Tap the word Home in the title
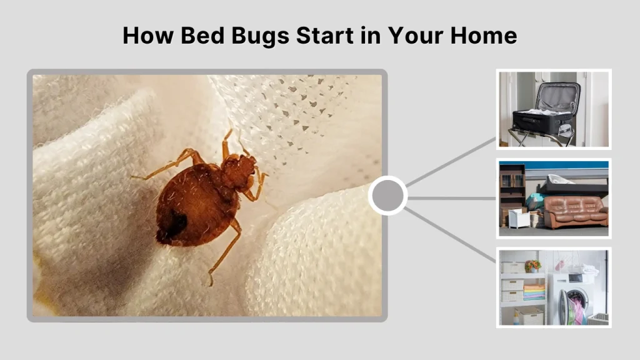coord(484,35)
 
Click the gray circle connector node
coord(387,196)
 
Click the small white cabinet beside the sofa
coord(519,218)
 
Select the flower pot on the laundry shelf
coord(532,266)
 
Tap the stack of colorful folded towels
coord(534,292)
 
